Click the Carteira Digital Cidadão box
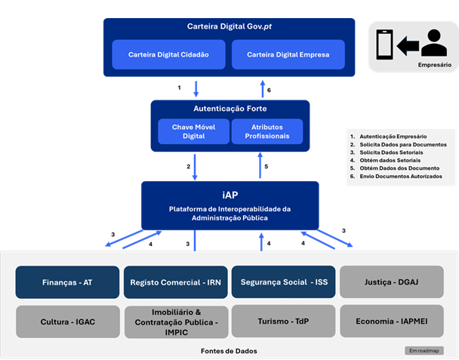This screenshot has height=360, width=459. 168,54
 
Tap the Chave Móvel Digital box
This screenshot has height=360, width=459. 193,131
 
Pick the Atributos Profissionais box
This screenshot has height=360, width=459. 266,131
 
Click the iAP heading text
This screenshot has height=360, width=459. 230,195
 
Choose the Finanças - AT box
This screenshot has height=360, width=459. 68,282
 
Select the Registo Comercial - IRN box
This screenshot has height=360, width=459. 175,282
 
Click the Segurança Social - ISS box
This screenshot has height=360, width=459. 284,282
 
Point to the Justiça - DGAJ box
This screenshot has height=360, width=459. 391,282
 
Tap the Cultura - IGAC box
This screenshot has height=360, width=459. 68,322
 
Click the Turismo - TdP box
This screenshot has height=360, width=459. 284,322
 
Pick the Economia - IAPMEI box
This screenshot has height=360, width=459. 391,322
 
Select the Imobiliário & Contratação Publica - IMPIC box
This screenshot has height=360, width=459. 175,322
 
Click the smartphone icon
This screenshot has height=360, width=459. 384,46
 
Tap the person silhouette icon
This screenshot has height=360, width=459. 434,44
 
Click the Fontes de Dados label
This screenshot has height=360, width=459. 229,350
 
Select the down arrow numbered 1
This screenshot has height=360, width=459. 196,88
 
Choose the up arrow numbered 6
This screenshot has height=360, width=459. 262,88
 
